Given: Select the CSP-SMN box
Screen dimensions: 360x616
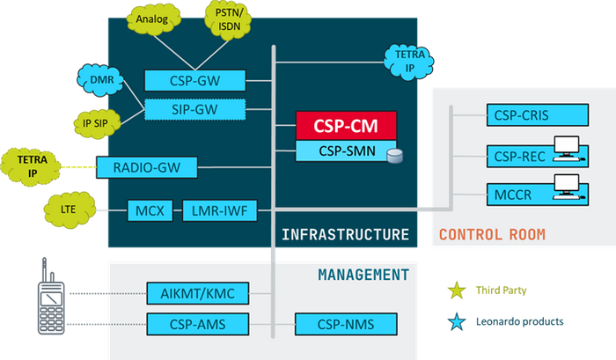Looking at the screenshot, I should click(346, 151).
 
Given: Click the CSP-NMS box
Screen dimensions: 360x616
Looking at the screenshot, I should click(334, 325).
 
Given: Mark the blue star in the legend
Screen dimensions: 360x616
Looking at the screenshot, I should click(457, 322).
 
